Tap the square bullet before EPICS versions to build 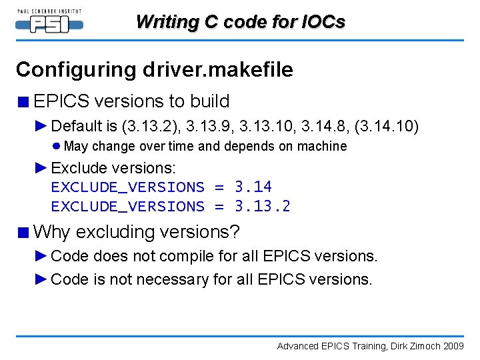tap(23, 102)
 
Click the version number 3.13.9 tap(207, 126)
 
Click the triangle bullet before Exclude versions tap(41, 167)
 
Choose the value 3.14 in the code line tap(253, 187)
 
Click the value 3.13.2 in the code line tap(263, 206)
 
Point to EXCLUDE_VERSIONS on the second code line tap(127, 206)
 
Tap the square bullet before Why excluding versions tap(23, 233)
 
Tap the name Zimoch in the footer tap(422, 346)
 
